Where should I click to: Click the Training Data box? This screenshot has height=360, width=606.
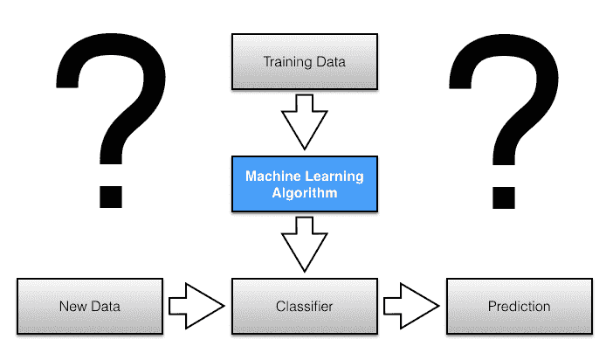[x=304, y=61]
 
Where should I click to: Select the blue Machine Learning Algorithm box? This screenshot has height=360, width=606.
[x=304, y=184]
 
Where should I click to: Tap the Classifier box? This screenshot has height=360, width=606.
[x=304, y=307]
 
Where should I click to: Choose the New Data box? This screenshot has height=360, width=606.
[x=90, y=307]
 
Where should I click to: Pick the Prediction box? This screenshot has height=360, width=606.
[x=520, y=307]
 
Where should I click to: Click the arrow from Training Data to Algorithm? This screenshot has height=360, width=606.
[x=304, y=123]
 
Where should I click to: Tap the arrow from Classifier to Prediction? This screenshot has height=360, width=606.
[x=410, y=307]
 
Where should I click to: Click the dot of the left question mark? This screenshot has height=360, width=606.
[x=109, y=193]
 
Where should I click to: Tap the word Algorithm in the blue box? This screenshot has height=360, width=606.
[x=304, y=193]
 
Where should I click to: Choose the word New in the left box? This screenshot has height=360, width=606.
[x=72, y=307]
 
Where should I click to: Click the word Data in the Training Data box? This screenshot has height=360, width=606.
[x=330, y=62]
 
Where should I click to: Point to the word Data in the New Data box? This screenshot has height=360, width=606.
[x=105, y=307]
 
